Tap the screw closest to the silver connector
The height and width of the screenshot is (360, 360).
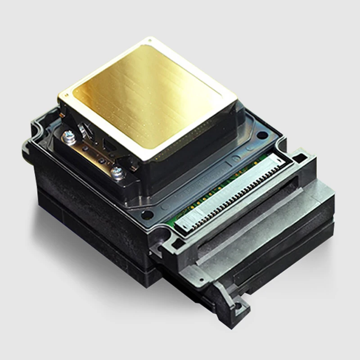click(118, 171)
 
